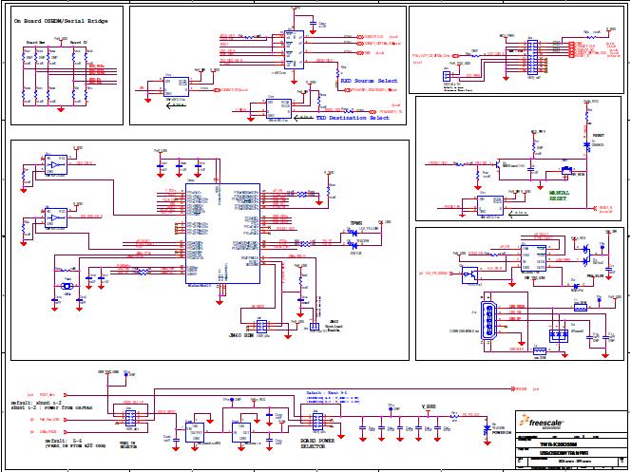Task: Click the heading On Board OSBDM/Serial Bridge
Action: (65, 20)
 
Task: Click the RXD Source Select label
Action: (370, 82)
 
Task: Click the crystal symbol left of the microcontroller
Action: (67, 285)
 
